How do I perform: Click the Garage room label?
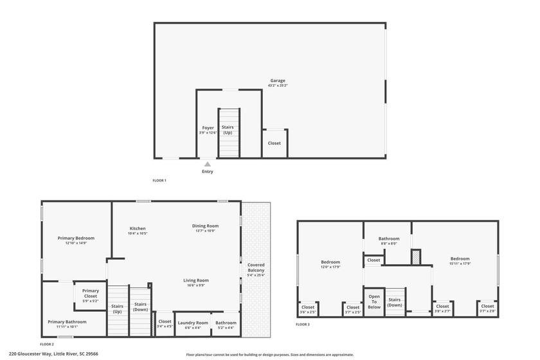point(278,81)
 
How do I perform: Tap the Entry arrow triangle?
point(207,165)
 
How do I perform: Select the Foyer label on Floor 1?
point(208,128)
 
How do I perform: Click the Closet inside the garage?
point(274,143)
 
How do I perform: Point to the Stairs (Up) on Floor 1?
point(228,130)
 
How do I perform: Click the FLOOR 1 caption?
point(159,181)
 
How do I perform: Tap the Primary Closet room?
point(91,293)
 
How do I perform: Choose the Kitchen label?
point(138,228)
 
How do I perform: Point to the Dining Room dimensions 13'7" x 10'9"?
point(206,231)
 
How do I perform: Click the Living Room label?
point(196,280)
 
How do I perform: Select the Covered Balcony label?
point(256,267)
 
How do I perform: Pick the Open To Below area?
point(373,302)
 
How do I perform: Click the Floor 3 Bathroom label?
point(389,239)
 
